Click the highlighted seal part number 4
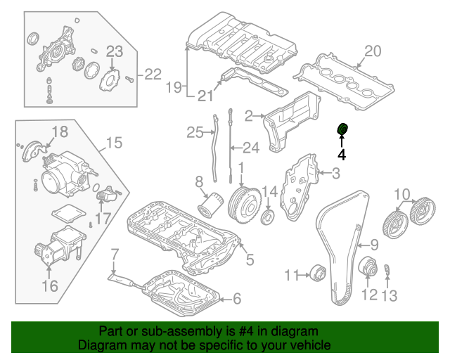(x=342, y=129)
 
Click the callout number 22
(x=153, y=74)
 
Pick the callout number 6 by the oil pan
(x=236, y=300)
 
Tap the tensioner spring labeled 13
(x=386, y=269)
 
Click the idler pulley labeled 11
(x=317, y=271)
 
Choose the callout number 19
(x=174, y=87)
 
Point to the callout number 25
(x=194, y=131)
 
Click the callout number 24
(x=251, y=148)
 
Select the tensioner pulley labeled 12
(x=366, y=269)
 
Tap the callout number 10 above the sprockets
(x=401, y=194)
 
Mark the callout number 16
(x=49, y=285)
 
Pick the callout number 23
(x=114, y=50)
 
